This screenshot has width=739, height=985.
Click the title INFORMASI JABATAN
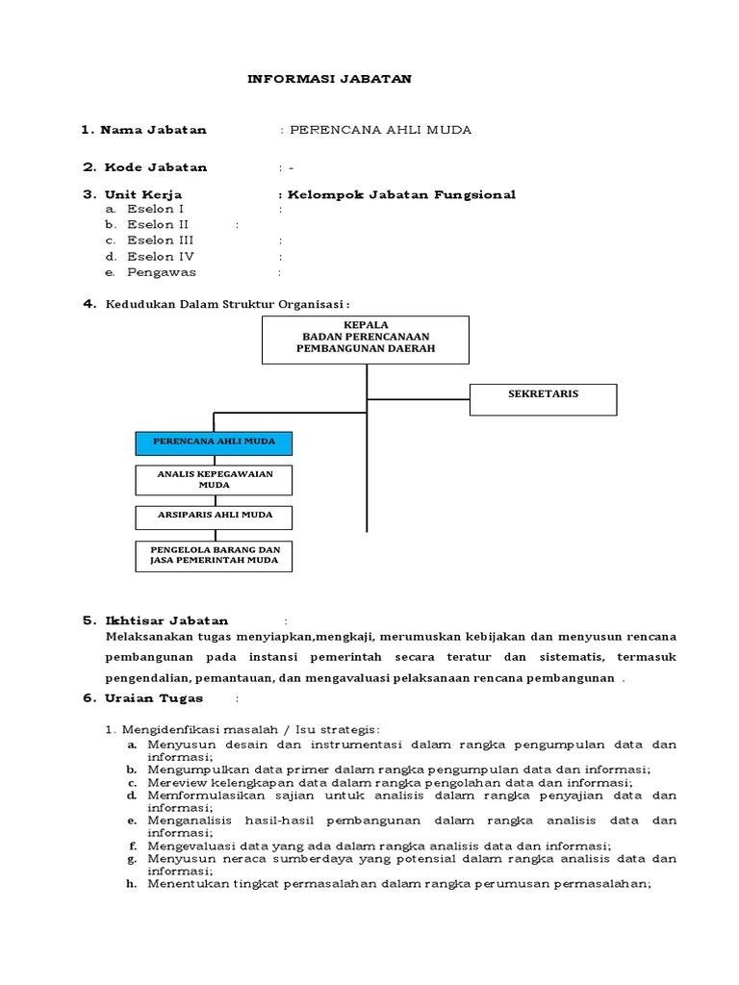[x=329, y=79]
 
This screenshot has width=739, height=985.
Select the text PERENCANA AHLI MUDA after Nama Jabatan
[x=381, y=130]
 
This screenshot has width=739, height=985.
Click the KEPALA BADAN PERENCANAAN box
[x=366, y=339]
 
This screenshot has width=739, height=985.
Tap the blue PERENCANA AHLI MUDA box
[x=213, y=442]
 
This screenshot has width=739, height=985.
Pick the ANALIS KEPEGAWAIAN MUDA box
[x=213, y=479]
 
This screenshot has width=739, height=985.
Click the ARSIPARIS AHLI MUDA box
[x=213, y=517]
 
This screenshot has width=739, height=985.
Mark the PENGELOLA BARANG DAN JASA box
[x=213, y=555]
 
